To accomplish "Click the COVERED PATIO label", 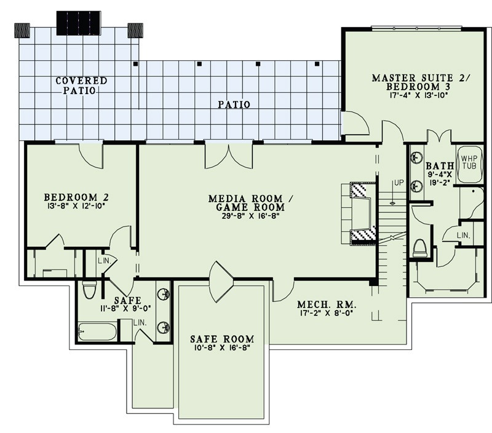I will coord(81,85).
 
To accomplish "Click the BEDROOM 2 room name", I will coord(77,197).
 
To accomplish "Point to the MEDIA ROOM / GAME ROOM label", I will coord(245,204).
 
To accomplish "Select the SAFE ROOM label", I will coord(221,339).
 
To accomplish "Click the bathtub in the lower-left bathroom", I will coord(97,332).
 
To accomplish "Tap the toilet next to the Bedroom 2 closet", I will coord(89,288).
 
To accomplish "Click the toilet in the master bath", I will coord(421,248).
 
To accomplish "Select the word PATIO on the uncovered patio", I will coord(234,105).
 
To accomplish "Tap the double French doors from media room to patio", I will coord(228,155).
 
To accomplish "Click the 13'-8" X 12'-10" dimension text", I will coord(77,207).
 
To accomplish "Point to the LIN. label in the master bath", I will coord(464,236).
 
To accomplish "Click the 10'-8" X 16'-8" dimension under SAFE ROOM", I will coord(221,349).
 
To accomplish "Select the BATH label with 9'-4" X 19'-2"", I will coord(439,166).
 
